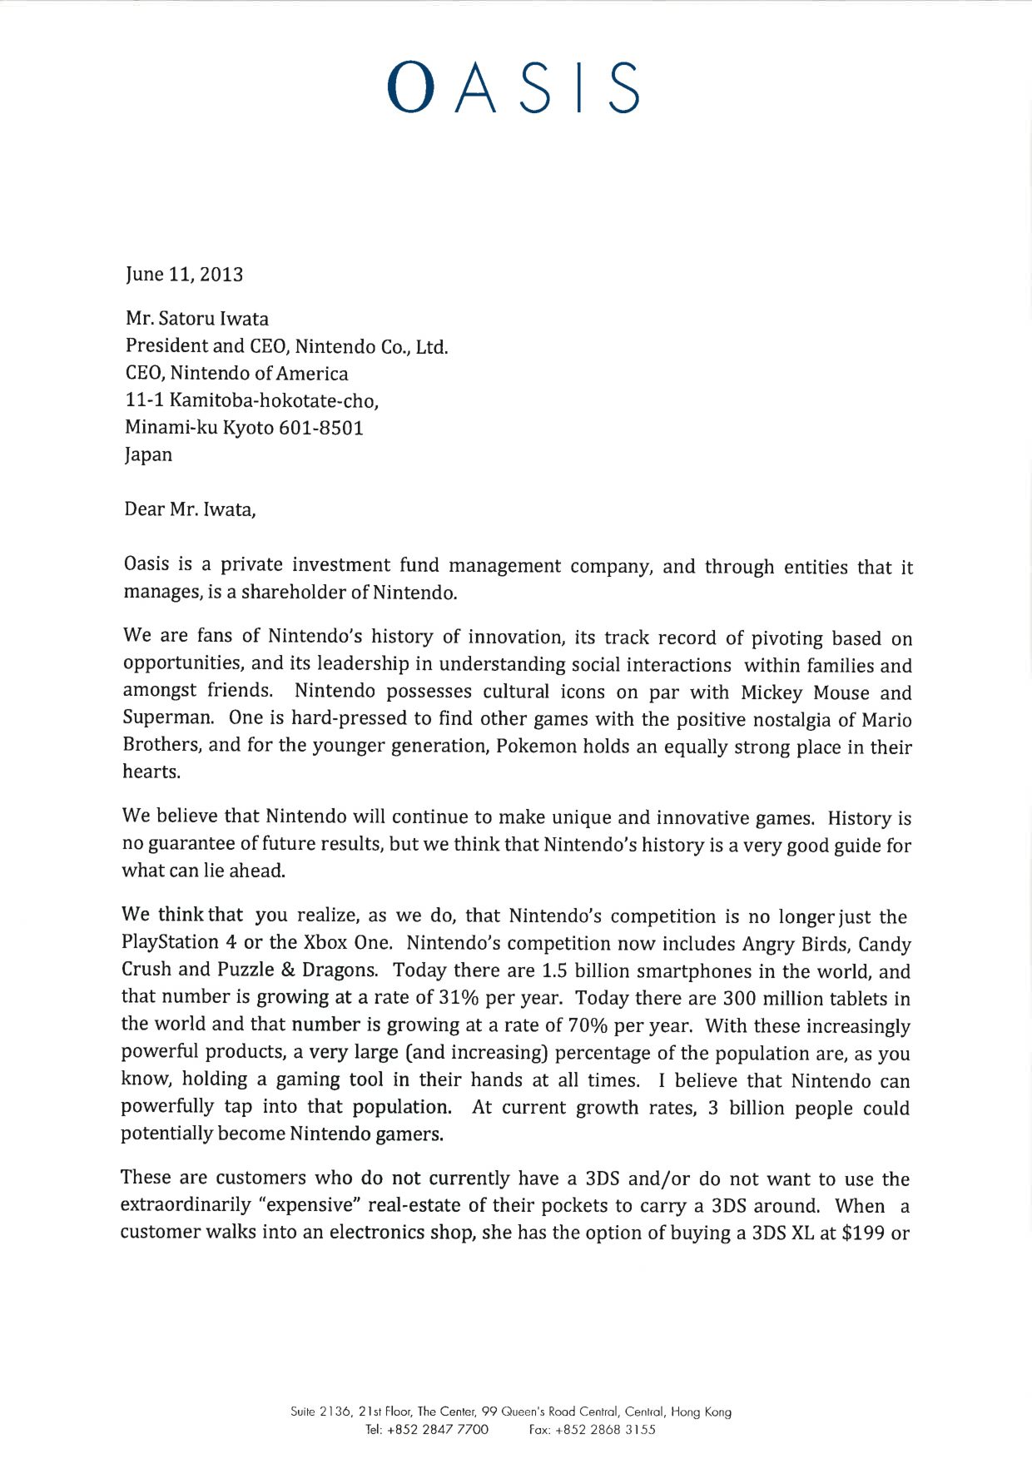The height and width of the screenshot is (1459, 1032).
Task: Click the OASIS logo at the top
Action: point(514,87)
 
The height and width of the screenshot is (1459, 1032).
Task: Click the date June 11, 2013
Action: point(184,275)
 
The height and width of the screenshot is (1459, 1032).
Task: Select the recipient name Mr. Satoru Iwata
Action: point(197,319)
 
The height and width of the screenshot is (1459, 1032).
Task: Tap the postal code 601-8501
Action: point(320,428)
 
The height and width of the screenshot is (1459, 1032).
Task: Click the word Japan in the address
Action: point(148,455)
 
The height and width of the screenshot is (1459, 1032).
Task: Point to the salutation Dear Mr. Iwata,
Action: point(190,509)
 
